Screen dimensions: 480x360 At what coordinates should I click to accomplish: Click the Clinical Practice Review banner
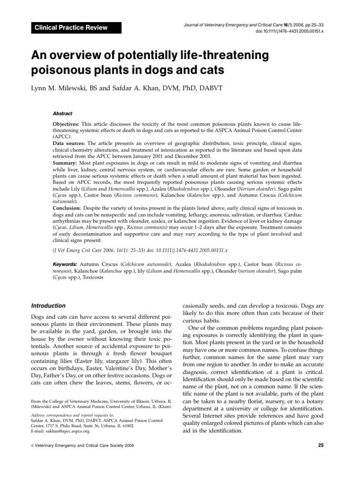pos(70,28)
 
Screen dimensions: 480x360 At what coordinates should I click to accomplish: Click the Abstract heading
pos(62,113)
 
